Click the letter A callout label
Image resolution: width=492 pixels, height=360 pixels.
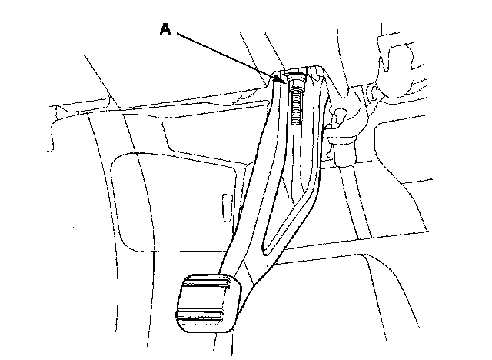(165, 28)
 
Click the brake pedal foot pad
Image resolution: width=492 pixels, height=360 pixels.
(208, 304)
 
